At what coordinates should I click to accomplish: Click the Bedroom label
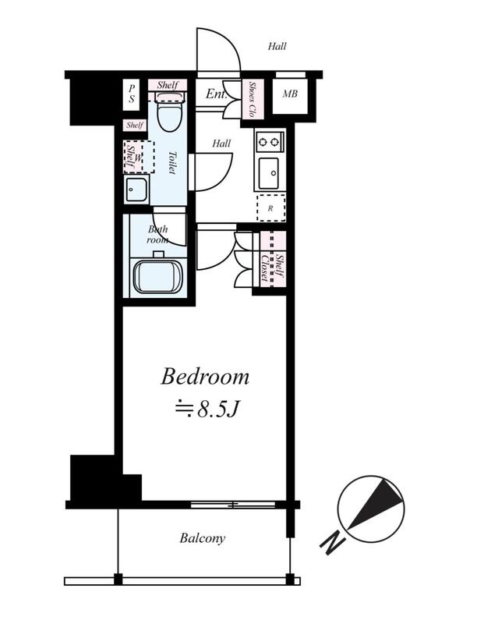tap(205, 377)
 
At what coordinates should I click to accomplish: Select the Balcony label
tap(203, 538)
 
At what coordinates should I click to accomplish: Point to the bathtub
tap(157, 276)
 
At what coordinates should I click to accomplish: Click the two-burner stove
tap(270, 141)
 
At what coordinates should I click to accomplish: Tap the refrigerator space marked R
tap(271, 208)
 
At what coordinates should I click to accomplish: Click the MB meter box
tap(290, 94)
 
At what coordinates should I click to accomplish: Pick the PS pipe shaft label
tap(132, 94)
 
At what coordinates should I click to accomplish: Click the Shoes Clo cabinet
tap(252, 99)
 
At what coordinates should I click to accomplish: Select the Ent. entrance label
tap(216, 94)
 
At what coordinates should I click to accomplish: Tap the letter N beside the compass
tap(333, 543)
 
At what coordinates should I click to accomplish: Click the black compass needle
tap(375, 503)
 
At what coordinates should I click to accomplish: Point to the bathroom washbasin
tap(136, 190)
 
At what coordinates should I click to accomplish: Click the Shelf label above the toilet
tap(168, 85)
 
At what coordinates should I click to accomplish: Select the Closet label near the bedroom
tap(264, 268)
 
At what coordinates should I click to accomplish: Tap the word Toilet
tap(171, 162)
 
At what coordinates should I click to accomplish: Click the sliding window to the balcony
tap(233, 505)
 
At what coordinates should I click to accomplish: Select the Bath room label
tap(157, 235)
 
